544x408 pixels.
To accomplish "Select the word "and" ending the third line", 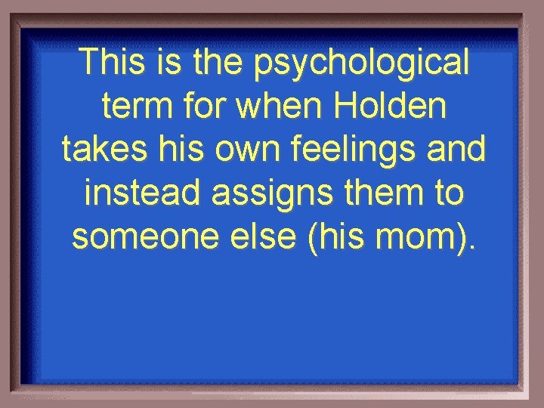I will click(460, 150).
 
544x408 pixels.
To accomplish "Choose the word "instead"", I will click(143, 193).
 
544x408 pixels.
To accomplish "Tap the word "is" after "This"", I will click(162, 63).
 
